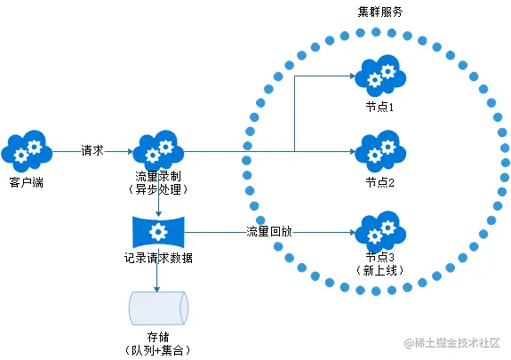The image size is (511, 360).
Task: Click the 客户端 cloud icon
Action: point(28,152)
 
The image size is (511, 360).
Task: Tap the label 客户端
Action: point(28,182)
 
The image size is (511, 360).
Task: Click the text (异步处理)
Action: point(159,190)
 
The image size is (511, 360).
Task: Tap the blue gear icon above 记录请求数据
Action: point(158,232)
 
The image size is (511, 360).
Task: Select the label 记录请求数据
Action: point(159,258)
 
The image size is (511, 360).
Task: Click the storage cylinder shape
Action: point(158,307)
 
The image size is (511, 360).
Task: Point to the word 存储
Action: point(158,337)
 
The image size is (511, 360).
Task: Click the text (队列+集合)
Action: point(158,350)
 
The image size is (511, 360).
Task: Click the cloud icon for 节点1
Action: point(379,76)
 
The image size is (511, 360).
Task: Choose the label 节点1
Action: point(379,106)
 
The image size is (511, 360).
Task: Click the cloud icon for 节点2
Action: point(379,152)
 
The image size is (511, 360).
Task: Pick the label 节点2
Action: point(379,182)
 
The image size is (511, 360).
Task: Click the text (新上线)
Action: point(379,269)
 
